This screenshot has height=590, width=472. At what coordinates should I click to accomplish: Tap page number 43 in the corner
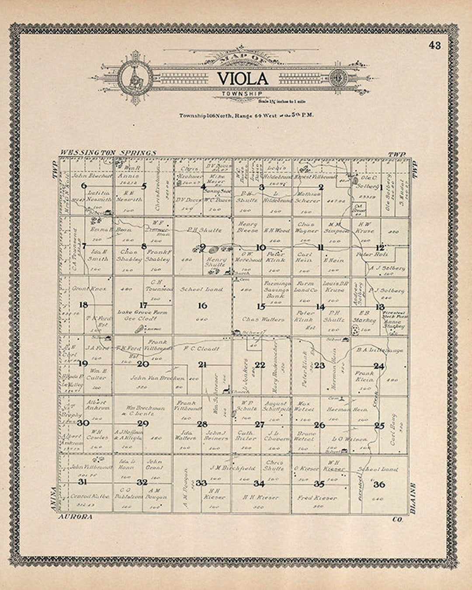(435, 45)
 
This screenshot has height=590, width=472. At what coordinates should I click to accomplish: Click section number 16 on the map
(202, 305)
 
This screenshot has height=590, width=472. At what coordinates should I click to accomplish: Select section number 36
(379, 484)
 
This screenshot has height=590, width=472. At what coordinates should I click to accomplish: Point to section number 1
(381, 187)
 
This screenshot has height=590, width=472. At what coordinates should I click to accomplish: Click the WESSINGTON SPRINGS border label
(108, 153)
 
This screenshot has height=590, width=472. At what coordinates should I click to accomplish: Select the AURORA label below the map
(75, 517)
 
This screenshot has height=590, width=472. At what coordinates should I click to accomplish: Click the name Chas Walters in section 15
(263, 319)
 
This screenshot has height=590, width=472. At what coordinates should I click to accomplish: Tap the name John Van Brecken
(157, 378)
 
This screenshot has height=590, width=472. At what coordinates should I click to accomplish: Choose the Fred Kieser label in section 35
(317, 498)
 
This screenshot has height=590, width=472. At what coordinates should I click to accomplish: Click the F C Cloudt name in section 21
(201, 349)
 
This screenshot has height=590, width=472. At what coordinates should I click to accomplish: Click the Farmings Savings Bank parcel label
(277, 290)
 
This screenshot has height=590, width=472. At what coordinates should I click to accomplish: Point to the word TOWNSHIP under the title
(242, 94)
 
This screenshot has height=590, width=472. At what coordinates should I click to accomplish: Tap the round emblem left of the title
(135, 79)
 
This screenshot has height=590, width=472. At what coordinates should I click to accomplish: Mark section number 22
(260, 365)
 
